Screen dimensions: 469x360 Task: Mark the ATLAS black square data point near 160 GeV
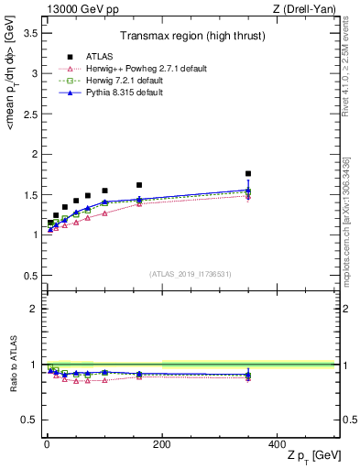pyautogui.click(x=138, y=185)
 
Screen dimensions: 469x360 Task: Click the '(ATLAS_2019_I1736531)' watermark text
pyautogui.click(x=190, y=274)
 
